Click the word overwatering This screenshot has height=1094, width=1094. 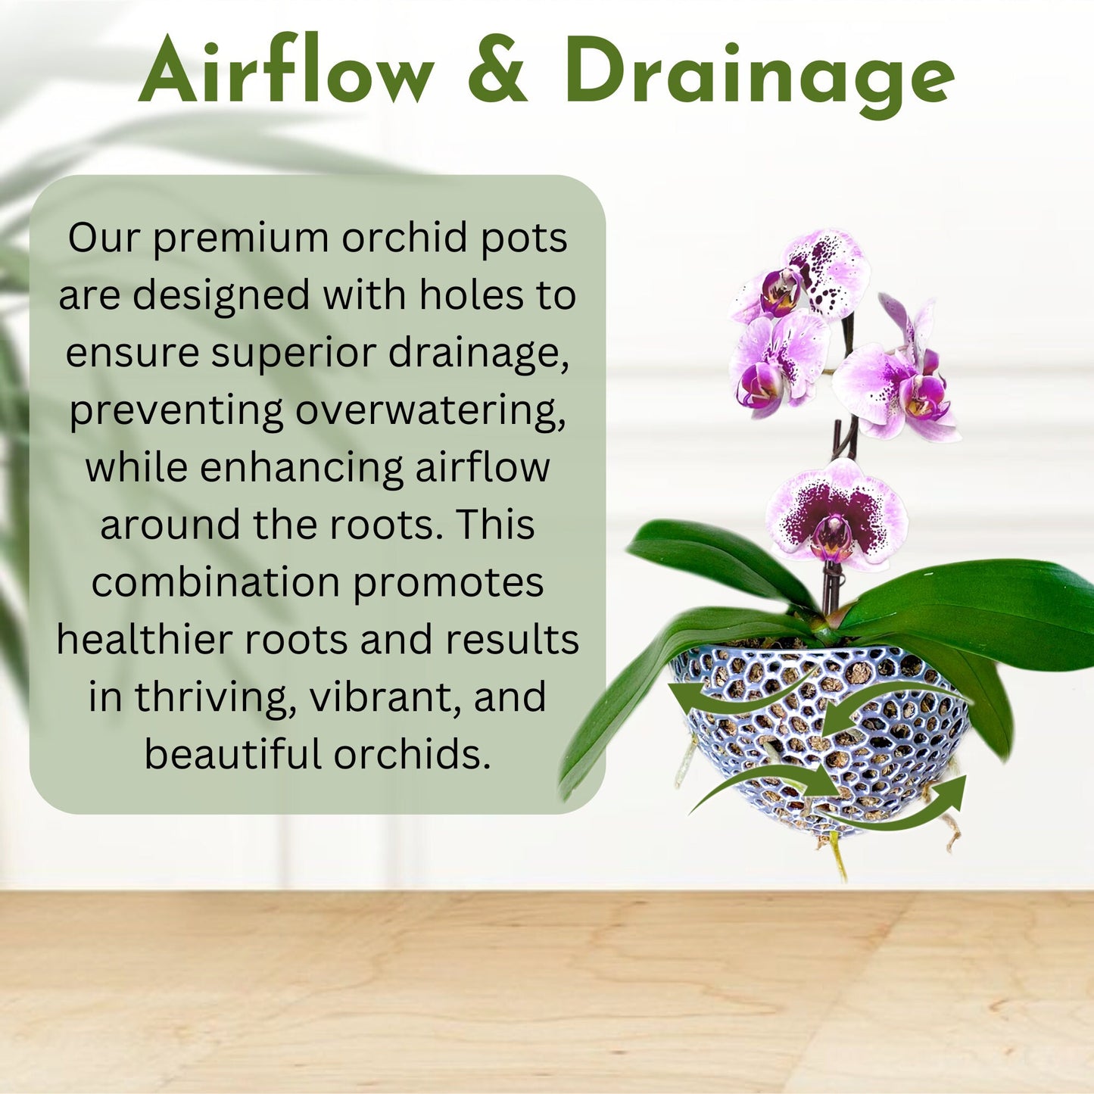(x=430, y=410)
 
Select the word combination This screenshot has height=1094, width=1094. (x=215, y=582)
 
